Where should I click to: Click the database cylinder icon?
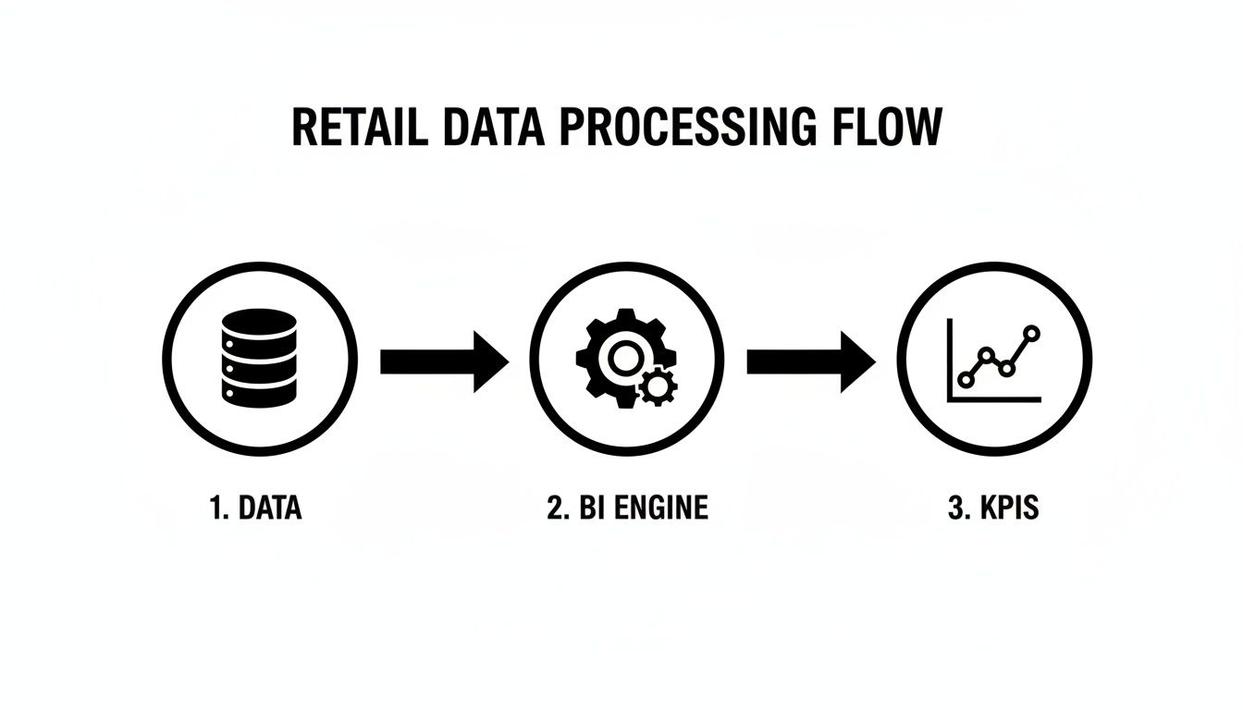point(258,356)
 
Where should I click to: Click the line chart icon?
point(994,360)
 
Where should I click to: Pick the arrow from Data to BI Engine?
point(444,361)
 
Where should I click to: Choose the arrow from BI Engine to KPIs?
point(810,361)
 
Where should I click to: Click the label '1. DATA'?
point(256,508)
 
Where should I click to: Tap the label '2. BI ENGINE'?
point(627,508)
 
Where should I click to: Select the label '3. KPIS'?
point(993,508)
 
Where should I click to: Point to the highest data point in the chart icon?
point(1032,333)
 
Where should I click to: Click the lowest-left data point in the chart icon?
point(967,379)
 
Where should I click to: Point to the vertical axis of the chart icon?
point(951,360)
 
